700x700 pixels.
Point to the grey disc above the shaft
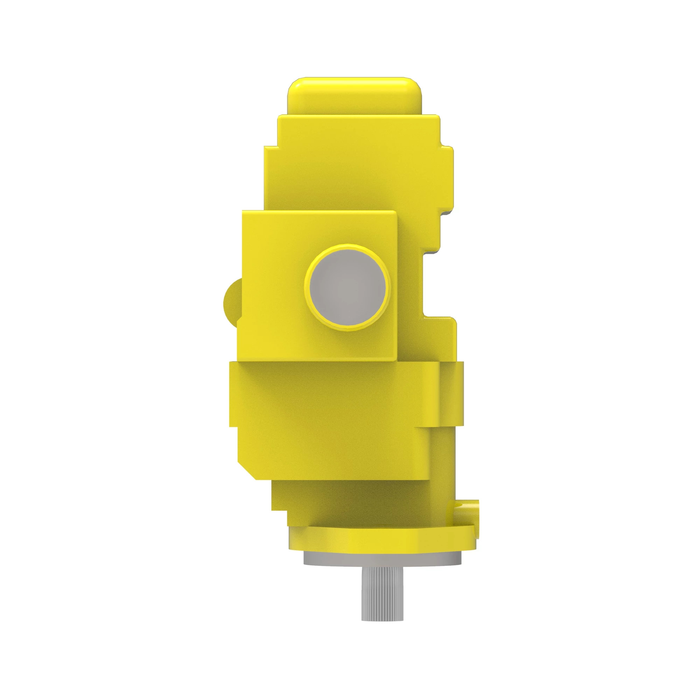coord(382,559)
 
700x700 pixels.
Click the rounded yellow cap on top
coord(354,96)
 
